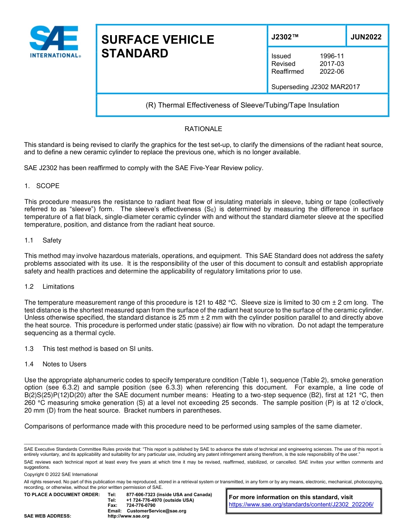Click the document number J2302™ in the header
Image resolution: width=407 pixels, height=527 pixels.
point(284,37)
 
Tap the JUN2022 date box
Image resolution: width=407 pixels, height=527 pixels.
point(366,37)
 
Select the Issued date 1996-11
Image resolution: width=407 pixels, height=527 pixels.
point(332,56)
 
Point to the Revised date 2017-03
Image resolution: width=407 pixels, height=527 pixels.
point(332,64)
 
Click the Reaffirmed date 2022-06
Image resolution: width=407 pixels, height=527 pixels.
point(332,72)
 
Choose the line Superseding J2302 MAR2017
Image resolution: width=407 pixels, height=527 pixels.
point(315,87)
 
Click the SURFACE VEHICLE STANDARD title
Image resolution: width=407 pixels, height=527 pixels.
point(157,46)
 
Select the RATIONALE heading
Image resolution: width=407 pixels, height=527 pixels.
point(203,129)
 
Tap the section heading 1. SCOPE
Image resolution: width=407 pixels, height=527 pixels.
point(42,186)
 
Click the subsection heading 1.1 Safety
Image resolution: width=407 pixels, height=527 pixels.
point(43,240)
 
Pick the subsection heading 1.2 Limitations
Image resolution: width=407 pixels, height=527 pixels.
point(49,287)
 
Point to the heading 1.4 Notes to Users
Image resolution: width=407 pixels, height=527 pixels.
point(55,364)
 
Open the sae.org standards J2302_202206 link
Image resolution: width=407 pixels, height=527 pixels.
point(301,505)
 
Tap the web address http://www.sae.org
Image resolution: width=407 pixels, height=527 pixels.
point(129,516)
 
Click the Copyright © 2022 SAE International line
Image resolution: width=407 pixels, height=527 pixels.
point(61,474)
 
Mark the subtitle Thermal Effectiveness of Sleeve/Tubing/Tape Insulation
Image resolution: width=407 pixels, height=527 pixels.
point(242,105)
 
